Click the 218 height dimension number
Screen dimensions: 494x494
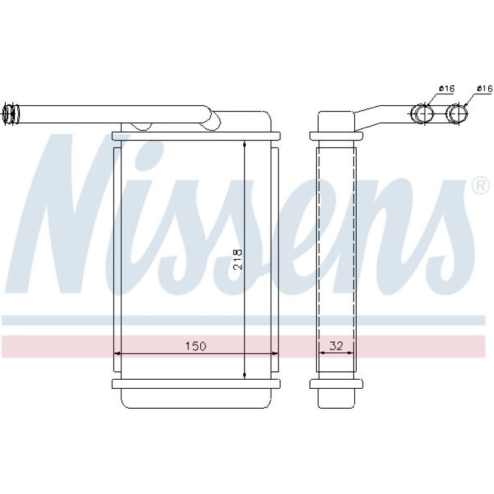pos(238,259)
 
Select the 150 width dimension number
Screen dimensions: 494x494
pos(195,346)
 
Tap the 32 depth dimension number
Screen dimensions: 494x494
pos(336,346)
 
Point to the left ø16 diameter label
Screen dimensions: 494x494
pos(447,89)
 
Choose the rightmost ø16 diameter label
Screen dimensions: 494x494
pos(484,89)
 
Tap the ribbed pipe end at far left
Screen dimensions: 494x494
pos(11,114)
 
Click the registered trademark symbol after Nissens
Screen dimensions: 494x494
pos(481,186)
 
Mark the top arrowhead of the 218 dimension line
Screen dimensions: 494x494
pos(244,145)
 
